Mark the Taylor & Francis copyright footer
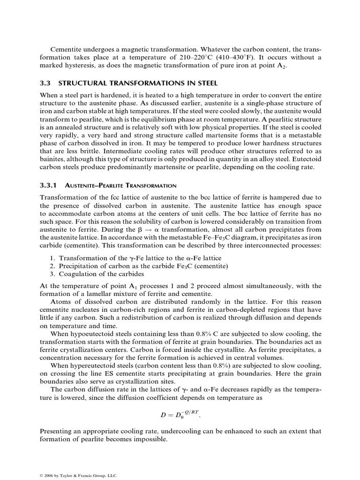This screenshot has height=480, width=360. click(79, 475)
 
